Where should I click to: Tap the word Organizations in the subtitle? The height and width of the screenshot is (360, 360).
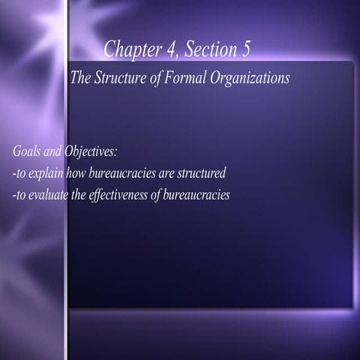click(248, 78)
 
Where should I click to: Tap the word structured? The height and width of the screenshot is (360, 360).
click(201, 174)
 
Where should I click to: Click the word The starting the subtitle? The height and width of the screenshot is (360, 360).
click(79, 77)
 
